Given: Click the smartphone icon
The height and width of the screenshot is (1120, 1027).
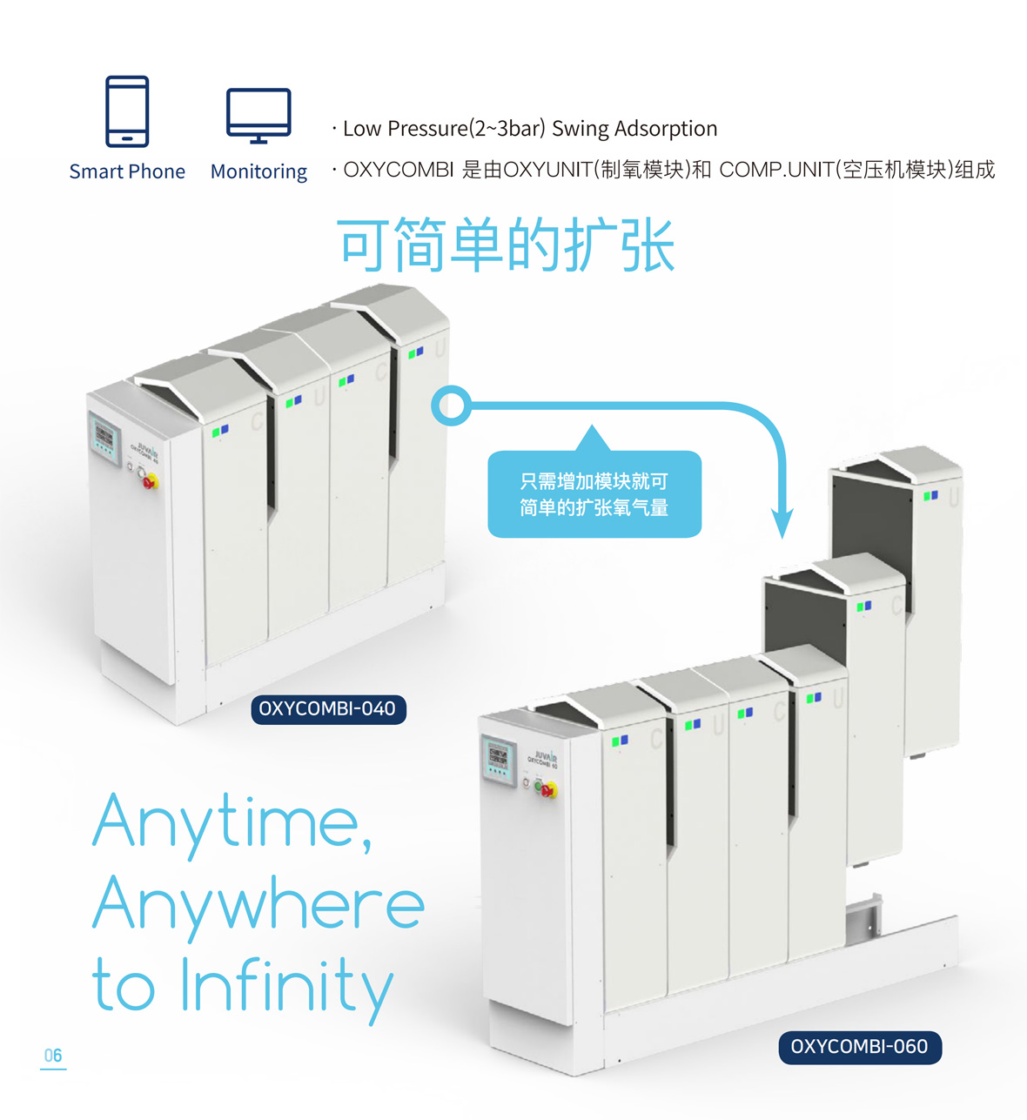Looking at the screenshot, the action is pos(127,111).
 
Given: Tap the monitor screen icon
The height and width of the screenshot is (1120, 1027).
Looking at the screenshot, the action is pos(258,116).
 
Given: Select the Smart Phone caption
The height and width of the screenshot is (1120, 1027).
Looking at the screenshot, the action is pos(127,171).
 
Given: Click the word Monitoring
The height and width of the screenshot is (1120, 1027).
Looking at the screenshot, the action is pos(258,172).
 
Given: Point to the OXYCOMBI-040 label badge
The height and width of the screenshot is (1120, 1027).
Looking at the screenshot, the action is pos(328,709).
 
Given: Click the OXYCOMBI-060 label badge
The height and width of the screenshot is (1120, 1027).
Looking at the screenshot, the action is pos(860,1046).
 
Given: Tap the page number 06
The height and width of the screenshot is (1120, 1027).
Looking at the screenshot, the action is pos(53,1056).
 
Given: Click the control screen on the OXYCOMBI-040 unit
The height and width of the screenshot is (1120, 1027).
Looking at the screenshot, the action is pos(105,439).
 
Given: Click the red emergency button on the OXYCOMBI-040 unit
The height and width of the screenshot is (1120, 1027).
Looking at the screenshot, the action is pos(151,480).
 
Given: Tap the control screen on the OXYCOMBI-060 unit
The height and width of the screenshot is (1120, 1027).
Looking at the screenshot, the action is pos(498,760).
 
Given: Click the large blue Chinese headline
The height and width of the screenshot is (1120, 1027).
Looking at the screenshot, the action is pos(506,245).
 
